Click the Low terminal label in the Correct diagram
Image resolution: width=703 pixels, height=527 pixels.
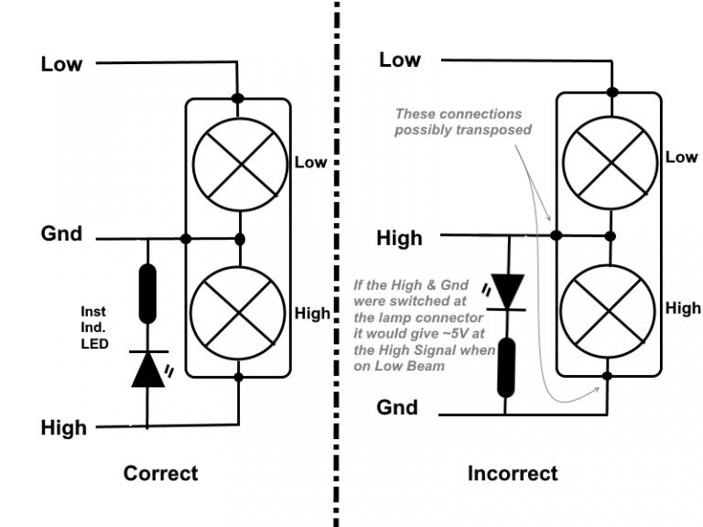(61, 64)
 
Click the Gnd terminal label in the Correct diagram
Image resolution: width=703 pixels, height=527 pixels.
(61, 234)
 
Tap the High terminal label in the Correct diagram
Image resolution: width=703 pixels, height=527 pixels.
(63, 427)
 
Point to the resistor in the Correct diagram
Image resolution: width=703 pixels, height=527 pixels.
(147, 293)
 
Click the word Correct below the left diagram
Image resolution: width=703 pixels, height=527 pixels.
(160, 474)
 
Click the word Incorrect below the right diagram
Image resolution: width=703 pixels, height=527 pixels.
(512, 474)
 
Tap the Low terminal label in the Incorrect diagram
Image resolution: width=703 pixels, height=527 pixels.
(400, 60)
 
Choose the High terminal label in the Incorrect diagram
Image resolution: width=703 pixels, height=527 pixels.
(400, 239)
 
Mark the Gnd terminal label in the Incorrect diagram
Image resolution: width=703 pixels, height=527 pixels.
(397, 407)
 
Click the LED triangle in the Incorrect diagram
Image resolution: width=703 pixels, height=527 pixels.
(507, 287)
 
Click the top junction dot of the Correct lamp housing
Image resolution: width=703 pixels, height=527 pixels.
(238, 98)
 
